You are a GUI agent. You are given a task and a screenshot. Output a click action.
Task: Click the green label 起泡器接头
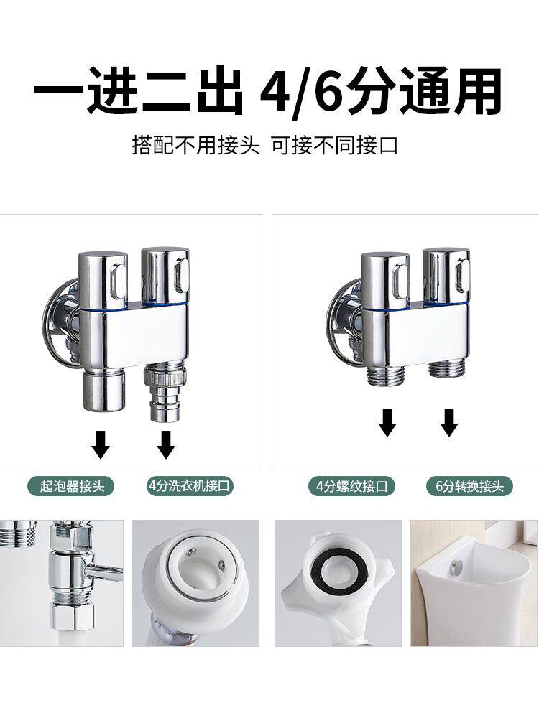tap(70, 486)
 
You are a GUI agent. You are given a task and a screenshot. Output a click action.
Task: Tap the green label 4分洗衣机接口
tap(189, 486)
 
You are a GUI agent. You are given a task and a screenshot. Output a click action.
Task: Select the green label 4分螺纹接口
tap(352, 486)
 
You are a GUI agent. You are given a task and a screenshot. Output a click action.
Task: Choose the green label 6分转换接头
tap(469, 486)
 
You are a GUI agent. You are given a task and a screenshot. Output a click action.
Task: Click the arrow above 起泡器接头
tap(101, 444)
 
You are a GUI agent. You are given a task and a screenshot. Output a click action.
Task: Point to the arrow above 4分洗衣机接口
tap(166, 444)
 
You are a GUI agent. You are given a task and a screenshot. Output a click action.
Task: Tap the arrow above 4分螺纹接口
tap(387, 423)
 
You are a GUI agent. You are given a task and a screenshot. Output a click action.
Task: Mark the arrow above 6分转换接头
tap(449, 423)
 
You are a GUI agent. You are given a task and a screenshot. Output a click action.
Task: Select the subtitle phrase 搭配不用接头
tap(195, 146)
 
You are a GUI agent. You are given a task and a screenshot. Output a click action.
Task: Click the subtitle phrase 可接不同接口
tap(334, 146)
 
